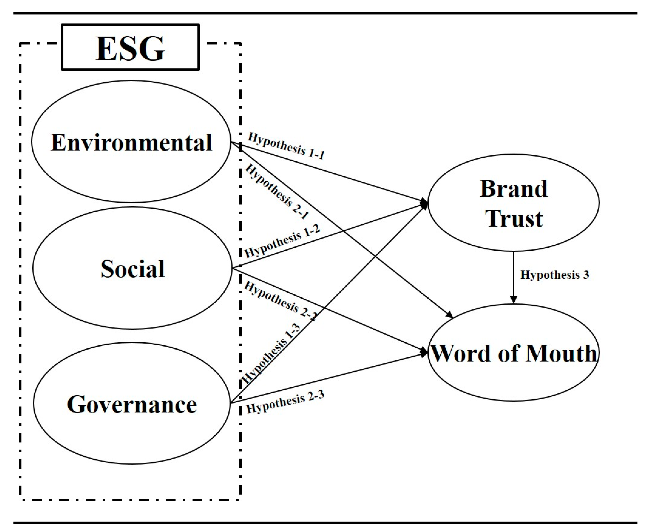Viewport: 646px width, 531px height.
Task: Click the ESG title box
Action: click(130, 47)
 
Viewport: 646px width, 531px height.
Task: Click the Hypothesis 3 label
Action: click(554, 275)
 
